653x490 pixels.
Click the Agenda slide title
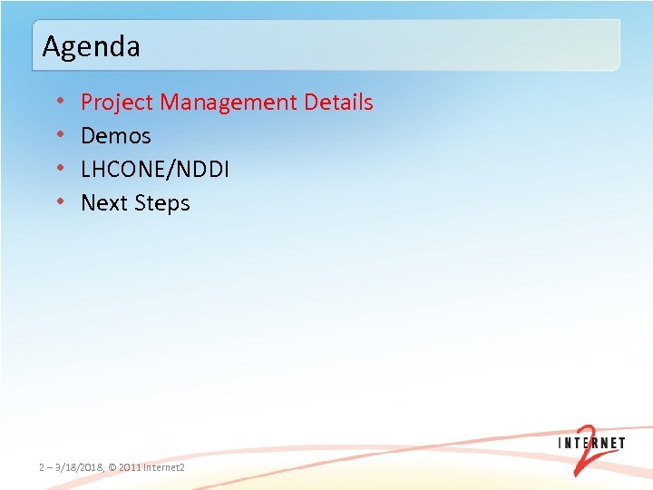(x=91, y=45)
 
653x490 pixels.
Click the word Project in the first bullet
(x=117, y=103)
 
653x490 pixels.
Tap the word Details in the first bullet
(x=338, y=103)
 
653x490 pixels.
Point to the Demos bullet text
(x=116, y=136)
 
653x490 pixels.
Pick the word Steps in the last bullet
(x=161, y=203)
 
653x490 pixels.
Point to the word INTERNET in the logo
(x=590, y=444)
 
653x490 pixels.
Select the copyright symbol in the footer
(x=112, y=467)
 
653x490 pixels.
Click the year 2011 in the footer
(x=130, y=467)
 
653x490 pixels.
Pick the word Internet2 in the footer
(x=164, y=467)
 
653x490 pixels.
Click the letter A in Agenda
(x=51, y=45)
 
